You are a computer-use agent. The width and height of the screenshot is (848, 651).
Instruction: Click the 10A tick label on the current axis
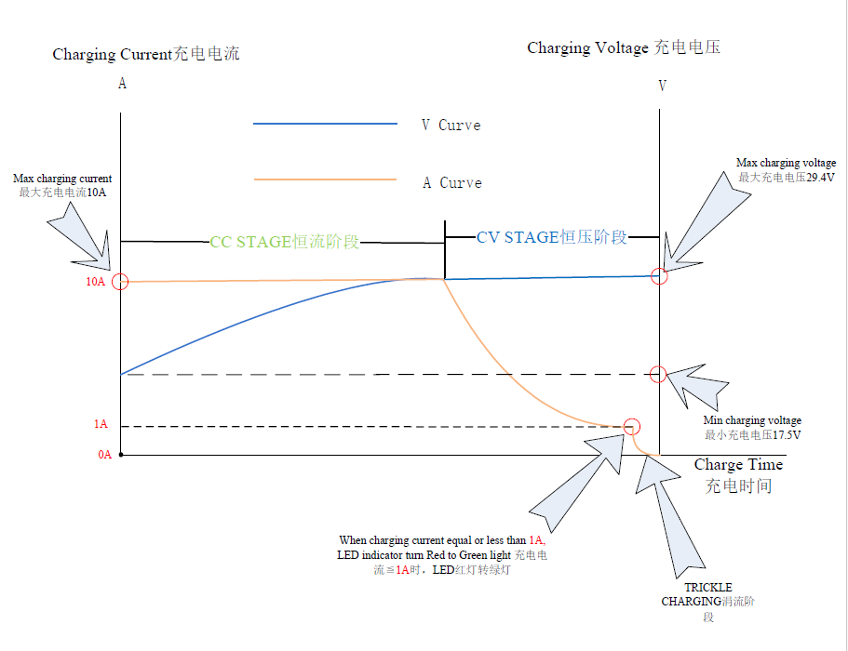95,282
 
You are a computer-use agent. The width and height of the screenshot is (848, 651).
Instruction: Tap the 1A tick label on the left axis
101,424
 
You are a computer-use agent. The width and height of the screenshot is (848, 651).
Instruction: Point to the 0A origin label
104,455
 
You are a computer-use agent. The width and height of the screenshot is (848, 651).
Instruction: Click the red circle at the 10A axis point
119,282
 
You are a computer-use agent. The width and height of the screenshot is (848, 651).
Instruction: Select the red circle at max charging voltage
659,276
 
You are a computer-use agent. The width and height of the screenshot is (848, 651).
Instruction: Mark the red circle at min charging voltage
658,375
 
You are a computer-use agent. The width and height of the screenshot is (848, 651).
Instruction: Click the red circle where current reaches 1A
632,427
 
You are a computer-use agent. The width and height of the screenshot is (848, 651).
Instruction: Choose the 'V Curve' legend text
451,126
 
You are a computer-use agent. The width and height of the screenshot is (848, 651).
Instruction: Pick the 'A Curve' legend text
451,183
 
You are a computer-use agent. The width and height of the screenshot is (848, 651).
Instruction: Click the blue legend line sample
325,124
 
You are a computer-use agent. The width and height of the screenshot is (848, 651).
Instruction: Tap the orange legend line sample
325,180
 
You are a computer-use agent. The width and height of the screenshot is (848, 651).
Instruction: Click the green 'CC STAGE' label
284,243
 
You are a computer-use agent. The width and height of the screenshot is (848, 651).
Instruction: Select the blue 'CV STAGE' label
552,237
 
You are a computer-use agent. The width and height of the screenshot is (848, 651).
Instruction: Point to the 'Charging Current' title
145,54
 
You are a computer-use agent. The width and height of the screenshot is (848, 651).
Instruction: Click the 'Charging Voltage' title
624,47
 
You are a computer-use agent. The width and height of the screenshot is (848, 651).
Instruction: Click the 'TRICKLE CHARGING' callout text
707,595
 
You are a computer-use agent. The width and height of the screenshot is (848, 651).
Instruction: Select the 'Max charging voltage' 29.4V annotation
786,170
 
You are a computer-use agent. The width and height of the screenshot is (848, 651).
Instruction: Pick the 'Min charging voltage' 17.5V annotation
752,428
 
